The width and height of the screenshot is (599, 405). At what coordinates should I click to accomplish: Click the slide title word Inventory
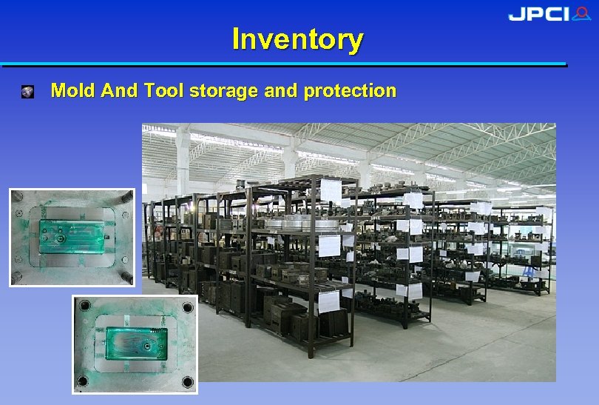297,39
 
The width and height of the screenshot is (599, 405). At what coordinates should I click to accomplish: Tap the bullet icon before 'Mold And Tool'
27,92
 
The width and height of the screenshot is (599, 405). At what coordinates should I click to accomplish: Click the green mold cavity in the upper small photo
72,237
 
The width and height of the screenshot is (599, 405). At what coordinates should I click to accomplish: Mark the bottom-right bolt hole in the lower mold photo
187,381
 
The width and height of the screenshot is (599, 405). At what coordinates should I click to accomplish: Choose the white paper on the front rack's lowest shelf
329,301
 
